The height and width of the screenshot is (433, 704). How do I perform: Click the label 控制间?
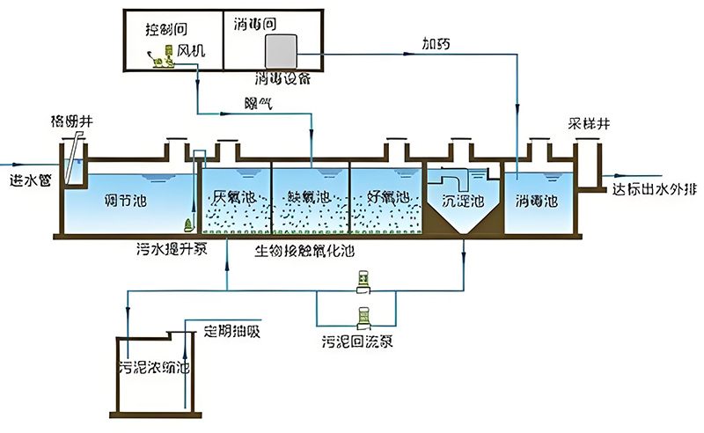[x=167, y=28]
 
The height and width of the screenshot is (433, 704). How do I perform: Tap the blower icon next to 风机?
[x=159, y=57]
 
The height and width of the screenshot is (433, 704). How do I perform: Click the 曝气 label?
[x=259, y=103]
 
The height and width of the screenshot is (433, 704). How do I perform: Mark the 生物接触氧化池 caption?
[x=306, y=251]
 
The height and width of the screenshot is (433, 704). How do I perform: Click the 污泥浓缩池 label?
[x=154, y=366]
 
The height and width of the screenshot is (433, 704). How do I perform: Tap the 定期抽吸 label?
[x=231, y=333]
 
